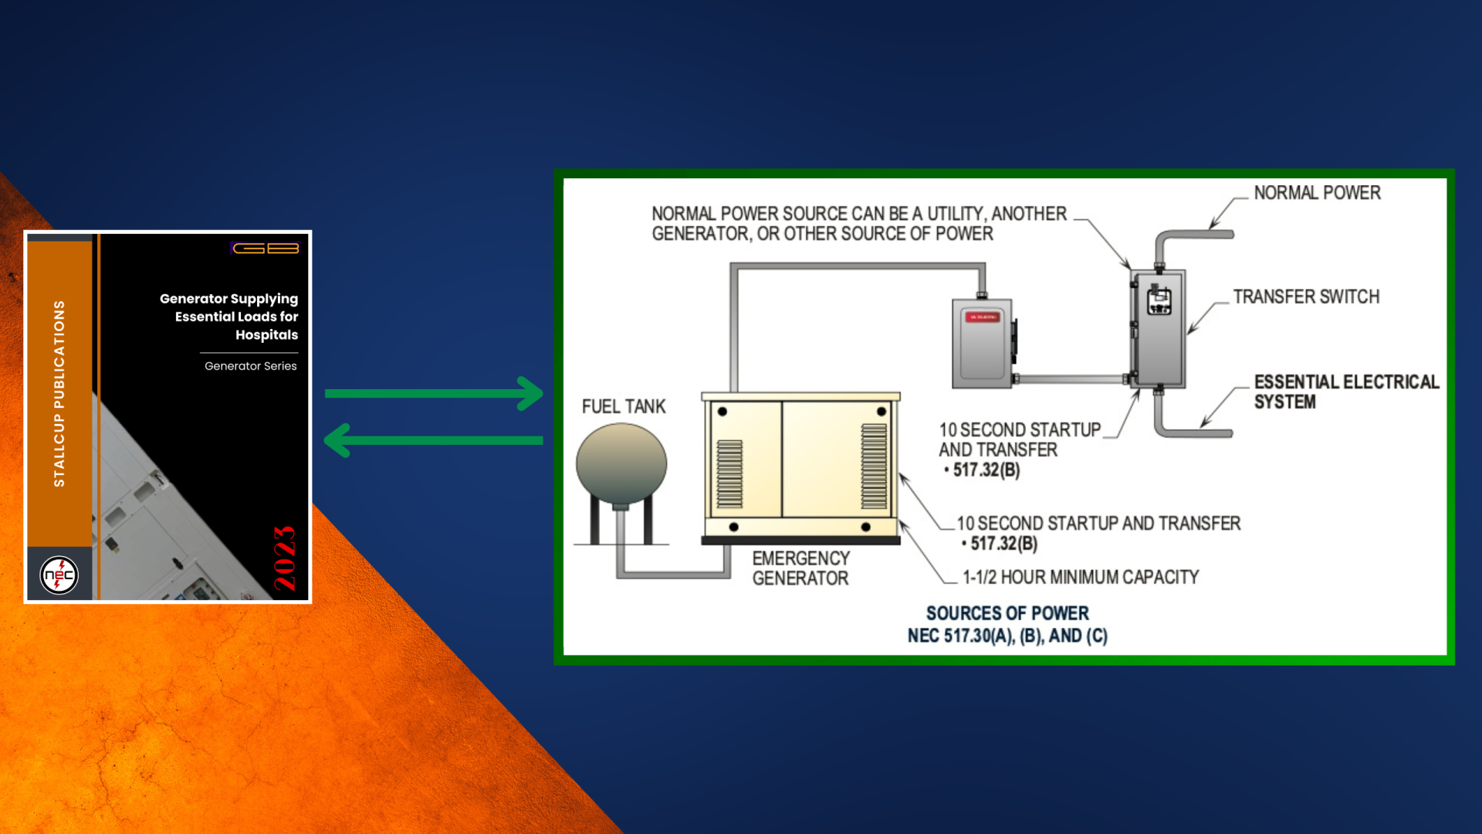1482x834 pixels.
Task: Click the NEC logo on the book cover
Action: [x=59, y=575]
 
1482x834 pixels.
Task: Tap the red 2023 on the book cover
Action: [x=285, y=558]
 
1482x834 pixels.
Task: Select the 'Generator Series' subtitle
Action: [x=250, y=366]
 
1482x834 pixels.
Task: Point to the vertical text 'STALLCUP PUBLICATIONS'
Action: [x=59, y=394]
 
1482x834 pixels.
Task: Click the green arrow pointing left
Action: [x=434, y=440]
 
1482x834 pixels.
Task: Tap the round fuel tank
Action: [x=621, y=464]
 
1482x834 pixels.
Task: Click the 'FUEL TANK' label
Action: [x=624, y=407]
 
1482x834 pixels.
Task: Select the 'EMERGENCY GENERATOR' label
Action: [x=800, y=568]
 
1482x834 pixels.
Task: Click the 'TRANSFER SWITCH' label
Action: [x=1306, y=297]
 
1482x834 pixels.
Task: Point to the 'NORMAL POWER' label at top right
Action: [x=1317, y=193]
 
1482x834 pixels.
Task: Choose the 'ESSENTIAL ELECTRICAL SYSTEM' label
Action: [x=1346, y=392]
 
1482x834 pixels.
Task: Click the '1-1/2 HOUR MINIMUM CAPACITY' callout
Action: [x=1081, y=578]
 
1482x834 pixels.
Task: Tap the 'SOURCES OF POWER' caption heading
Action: [x=1007, y=614]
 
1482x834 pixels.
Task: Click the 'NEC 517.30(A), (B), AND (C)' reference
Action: [x=1007, y=636]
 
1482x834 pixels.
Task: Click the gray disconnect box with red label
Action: [x=982, y=344]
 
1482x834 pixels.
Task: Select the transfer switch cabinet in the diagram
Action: [x=1158, y=329]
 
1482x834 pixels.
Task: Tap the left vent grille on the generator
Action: [x=729, y=474]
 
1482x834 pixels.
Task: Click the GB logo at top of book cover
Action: [x=266, y=248]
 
